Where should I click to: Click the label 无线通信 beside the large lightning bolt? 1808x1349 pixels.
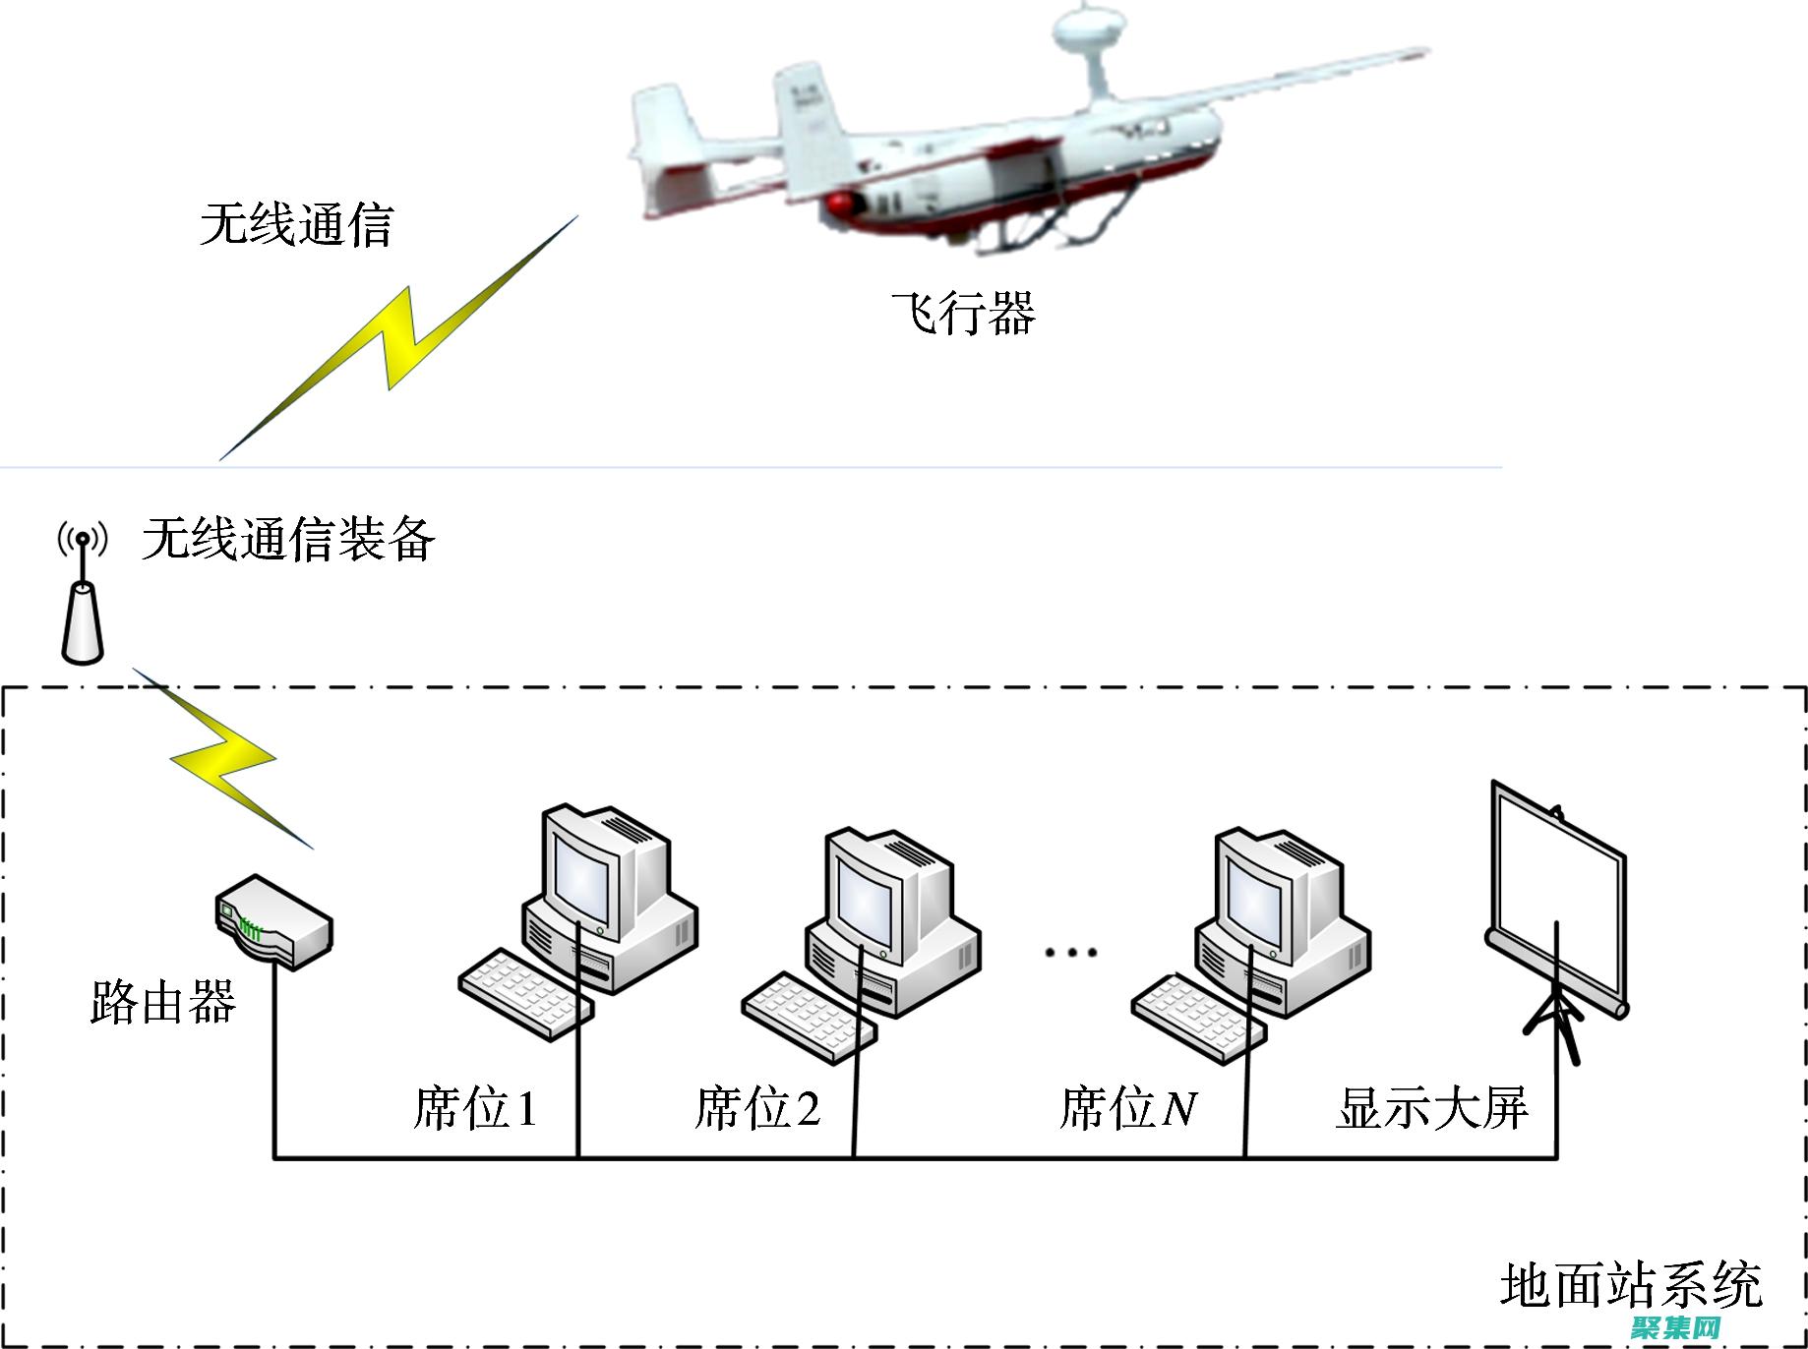[296, 224]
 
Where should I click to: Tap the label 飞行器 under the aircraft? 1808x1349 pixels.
[963, 314]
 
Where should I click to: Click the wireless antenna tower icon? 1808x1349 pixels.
[82, 600]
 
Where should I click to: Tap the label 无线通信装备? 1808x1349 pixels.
[288, 539]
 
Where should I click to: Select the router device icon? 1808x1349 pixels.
[273, 922]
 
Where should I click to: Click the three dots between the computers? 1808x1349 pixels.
[1071, 952]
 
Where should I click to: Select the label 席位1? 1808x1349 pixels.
[475, 1108]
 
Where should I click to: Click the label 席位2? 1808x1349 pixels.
[756, 1108]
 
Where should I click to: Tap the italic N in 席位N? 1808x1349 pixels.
[1179, 1109]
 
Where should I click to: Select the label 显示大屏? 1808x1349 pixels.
[1431, 1108]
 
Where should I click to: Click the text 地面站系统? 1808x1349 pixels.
[1631, 1285]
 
